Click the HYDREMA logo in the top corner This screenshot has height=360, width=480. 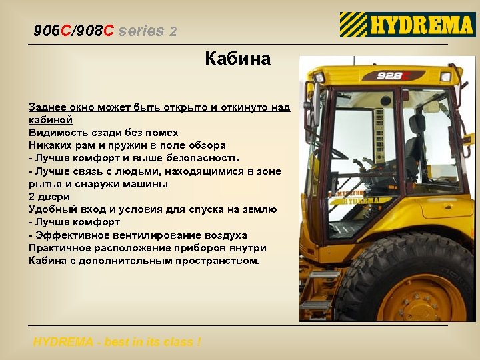407,25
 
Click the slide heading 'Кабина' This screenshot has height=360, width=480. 237,59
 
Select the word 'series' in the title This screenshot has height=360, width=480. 141,31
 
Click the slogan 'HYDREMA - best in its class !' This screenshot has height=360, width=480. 117,342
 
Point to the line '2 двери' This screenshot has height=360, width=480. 49,197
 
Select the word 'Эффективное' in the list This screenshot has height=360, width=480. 72,235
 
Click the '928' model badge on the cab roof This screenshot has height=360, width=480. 391,75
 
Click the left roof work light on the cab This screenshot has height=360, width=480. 319,77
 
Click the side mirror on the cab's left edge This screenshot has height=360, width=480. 309,107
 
